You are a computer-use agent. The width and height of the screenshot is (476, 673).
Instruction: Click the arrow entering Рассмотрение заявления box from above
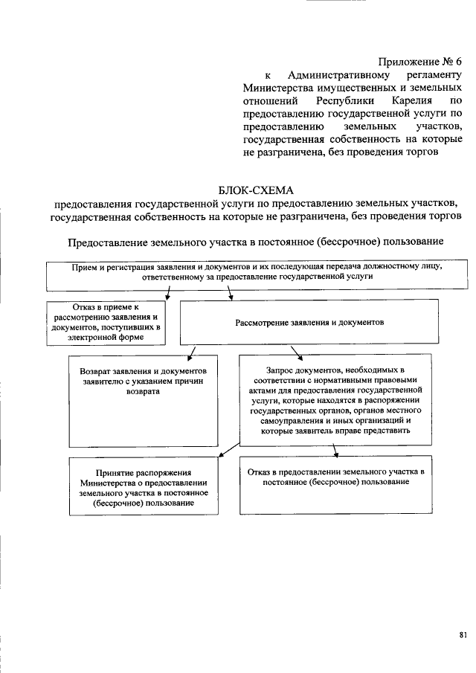tap(231, 295)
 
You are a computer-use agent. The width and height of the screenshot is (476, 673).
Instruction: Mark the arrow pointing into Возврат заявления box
tap(192, 352)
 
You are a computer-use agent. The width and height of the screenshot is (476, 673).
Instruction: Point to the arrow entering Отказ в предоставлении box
tap(336, 451)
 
